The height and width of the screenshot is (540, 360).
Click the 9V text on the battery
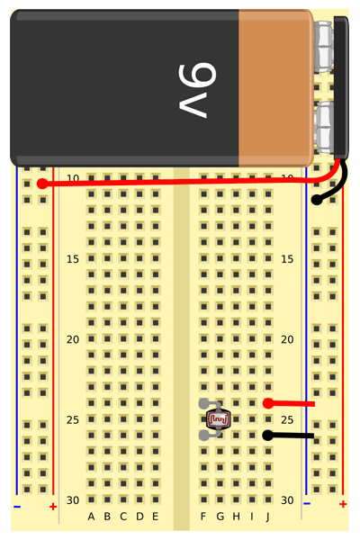[197, 90]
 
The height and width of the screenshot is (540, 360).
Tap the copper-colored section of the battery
[276, 88]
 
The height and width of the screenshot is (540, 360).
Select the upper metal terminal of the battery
[324, 47]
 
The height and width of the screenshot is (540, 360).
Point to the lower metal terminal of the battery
[324, 127]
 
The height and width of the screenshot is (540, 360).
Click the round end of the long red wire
[42, 184]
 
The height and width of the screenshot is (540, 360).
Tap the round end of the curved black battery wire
[316, 200]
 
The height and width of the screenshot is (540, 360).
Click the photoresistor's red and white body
[218, 419]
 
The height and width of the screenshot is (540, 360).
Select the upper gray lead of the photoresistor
[204, 403]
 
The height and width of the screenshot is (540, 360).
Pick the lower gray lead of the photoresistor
[204, 436]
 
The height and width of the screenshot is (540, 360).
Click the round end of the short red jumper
[268, 403]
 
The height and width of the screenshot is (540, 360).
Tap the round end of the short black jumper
[267, 436]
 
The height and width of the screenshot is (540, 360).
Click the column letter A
[91, 517]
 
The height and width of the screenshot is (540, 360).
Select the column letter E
[156, 517]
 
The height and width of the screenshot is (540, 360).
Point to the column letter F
[203, 517]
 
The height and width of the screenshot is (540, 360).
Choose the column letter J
[267, 517]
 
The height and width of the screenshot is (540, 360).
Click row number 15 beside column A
[73, 259]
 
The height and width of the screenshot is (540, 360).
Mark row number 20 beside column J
[287, 339]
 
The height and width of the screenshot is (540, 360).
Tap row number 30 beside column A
[73, 500]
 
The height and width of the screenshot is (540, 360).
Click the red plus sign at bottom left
[53, 507]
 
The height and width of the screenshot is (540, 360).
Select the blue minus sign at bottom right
[307, 504]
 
